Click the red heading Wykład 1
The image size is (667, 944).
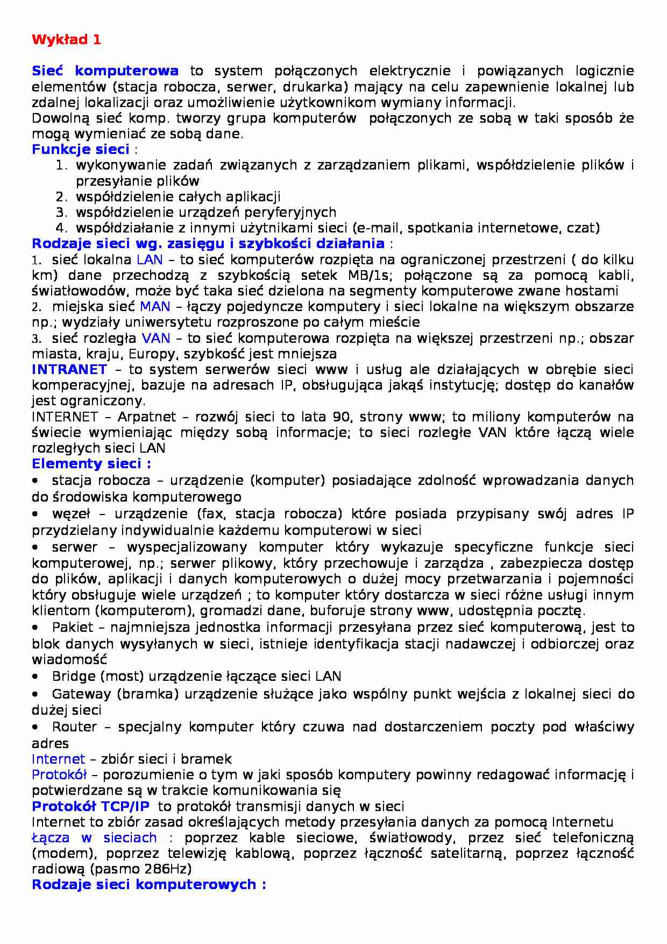(66, 40)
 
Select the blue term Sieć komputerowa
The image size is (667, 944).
(105, 71)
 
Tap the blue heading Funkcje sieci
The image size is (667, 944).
(80, 149)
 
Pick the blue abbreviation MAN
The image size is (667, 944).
(155, 307)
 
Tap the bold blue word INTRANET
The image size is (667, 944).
(69, 370)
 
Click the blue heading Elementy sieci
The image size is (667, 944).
(91, 464)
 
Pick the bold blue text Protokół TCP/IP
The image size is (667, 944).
(91, 806)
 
